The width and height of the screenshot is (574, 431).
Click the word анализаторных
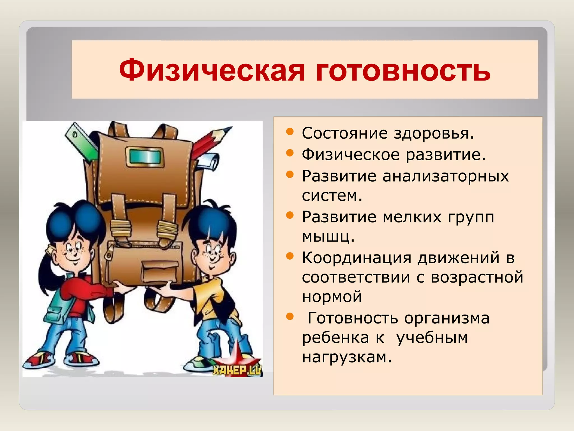pos(446,176)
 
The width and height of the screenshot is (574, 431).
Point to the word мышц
pos(328,237)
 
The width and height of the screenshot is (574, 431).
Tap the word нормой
pos(332,297)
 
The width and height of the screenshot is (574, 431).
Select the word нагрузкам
pos(346,357)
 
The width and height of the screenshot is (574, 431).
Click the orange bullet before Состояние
pos(290,131)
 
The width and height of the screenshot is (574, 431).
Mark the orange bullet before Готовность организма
pos(290,317)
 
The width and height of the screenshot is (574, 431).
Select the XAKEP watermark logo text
pos(237,370)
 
